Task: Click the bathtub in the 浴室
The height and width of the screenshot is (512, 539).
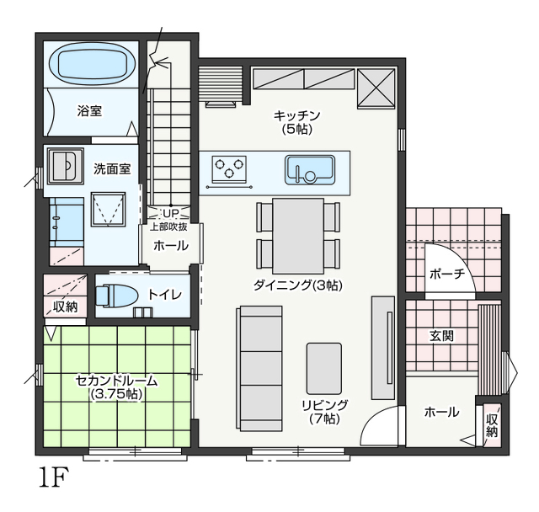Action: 93,65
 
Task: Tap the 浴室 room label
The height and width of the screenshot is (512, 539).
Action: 89,111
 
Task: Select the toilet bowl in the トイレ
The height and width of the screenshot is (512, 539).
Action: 116,296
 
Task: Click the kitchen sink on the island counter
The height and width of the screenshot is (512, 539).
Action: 310,170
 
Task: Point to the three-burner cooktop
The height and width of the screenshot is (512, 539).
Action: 229,168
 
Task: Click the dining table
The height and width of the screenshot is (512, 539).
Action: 298,236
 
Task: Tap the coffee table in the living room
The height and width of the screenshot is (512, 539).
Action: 324,368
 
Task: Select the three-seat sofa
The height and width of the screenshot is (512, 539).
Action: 259,368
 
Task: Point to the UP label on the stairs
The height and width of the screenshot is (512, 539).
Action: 171,214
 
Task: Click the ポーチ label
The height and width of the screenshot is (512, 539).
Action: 447,274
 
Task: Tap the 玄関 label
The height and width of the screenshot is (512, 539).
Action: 441,336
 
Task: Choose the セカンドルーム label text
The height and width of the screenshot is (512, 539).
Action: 116,381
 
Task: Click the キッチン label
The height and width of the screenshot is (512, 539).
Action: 297,115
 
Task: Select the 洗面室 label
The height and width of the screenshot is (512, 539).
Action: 112,169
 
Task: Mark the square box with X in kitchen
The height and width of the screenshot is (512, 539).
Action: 376,88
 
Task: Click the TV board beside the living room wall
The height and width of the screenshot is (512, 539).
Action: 382,348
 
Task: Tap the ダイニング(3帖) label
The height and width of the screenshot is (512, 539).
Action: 298,285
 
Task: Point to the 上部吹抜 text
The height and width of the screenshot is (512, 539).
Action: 168,227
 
